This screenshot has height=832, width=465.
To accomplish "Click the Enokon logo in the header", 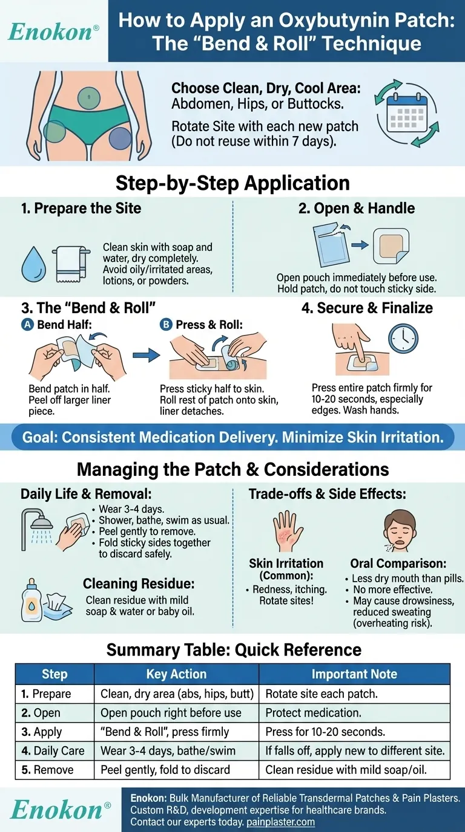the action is (53, 32).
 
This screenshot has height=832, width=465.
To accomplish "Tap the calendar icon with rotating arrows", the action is (407, 113).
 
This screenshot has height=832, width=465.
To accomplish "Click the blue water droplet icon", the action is (33, 264).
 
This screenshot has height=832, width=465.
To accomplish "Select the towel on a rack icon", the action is (71, 264).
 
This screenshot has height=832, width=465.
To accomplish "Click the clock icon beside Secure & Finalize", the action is (403, 339).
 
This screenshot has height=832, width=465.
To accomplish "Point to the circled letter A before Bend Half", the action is (27, 325).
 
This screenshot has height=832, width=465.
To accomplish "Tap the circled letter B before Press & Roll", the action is (165, 325).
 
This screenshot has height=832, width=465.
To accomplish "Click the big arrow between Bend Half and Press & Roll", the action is (146, 355).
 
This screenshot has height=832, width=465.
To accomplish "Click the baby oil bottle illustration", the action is (32, 600).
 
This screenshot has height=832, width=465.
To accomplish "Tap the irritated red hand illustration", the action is (288, 531).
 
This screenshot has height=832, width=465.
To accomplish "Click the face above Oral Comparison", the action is (400, 530).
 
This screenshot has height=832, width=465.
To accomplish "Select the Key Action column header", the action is (176, 674).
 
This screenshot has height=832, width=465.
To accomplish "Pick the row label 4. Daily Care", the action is (53, 750).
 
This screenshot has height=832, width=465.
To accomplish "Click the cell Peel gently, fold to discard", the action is (165, 770).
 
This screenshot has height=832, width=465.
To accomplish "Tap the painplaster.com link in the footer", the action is (280, 822).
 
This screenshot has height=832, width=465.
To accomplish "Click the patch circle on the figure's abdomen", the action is (89, 97).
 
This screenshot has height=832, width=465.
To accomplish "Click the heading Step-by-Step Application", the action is (232, 183).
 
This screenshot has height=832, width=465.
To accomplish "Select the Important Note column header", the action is (354, 674).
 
